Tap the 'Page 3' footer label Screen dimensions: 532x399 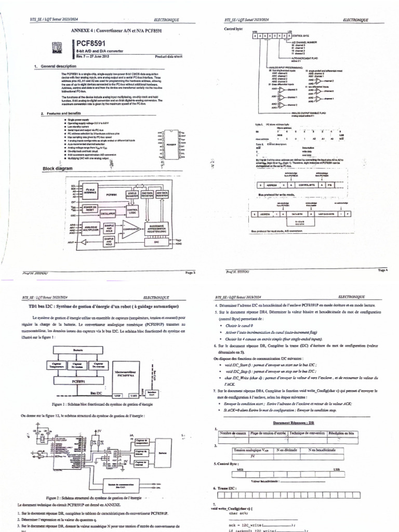tap(189, 272)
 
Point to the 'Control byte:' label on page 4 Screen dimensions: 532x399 tap(232, 29)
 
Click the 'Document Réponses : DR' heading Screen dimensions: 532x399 tap(294, 423)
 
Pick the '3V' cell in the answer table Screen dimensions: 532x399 tap(252, 456)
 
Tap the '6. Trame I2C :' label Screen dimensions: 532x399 tap(225, 488)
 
